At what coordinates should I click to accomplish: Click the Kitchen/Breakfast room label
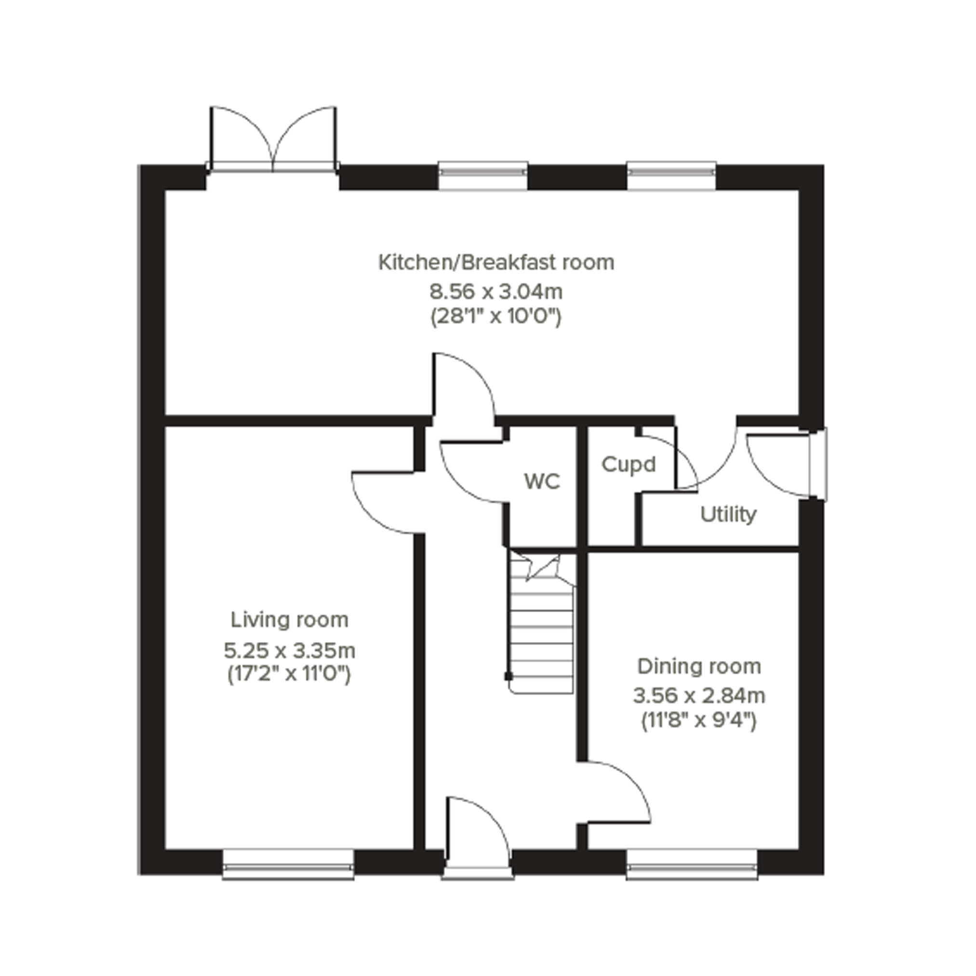496,263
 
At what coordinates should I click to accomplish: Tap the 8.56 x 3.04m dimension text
496,292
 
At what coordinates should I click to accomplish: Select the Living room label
290,620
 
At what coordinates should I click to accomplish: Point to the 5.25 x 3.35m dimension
290,651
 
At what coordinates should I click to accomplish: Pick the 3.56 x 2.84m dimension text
699,696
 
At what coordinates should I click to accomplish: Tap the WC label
542,482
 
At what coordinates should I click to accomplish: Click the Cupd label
629,465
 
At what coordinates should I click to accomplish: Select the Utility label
728,515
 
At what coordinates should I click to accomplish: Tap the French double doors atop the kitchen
273,139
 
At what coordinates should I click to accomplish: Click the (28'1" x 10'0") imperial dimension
496,317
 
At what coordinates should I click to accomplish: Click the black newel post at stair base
508,676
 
